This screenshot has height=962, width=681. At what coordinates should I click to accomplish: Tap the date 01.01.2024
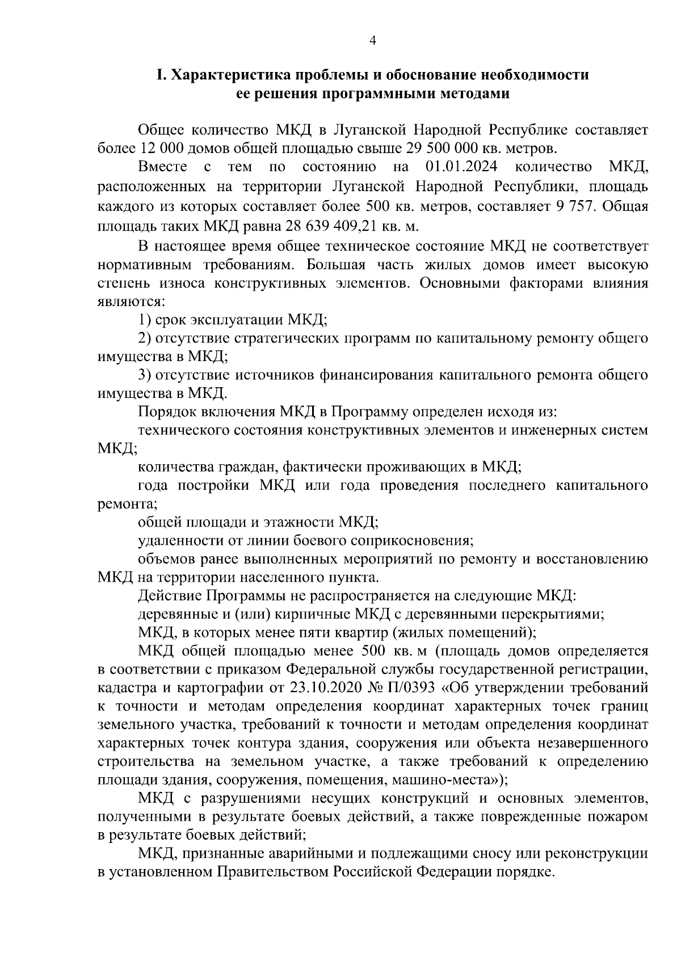coord(461,167)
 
